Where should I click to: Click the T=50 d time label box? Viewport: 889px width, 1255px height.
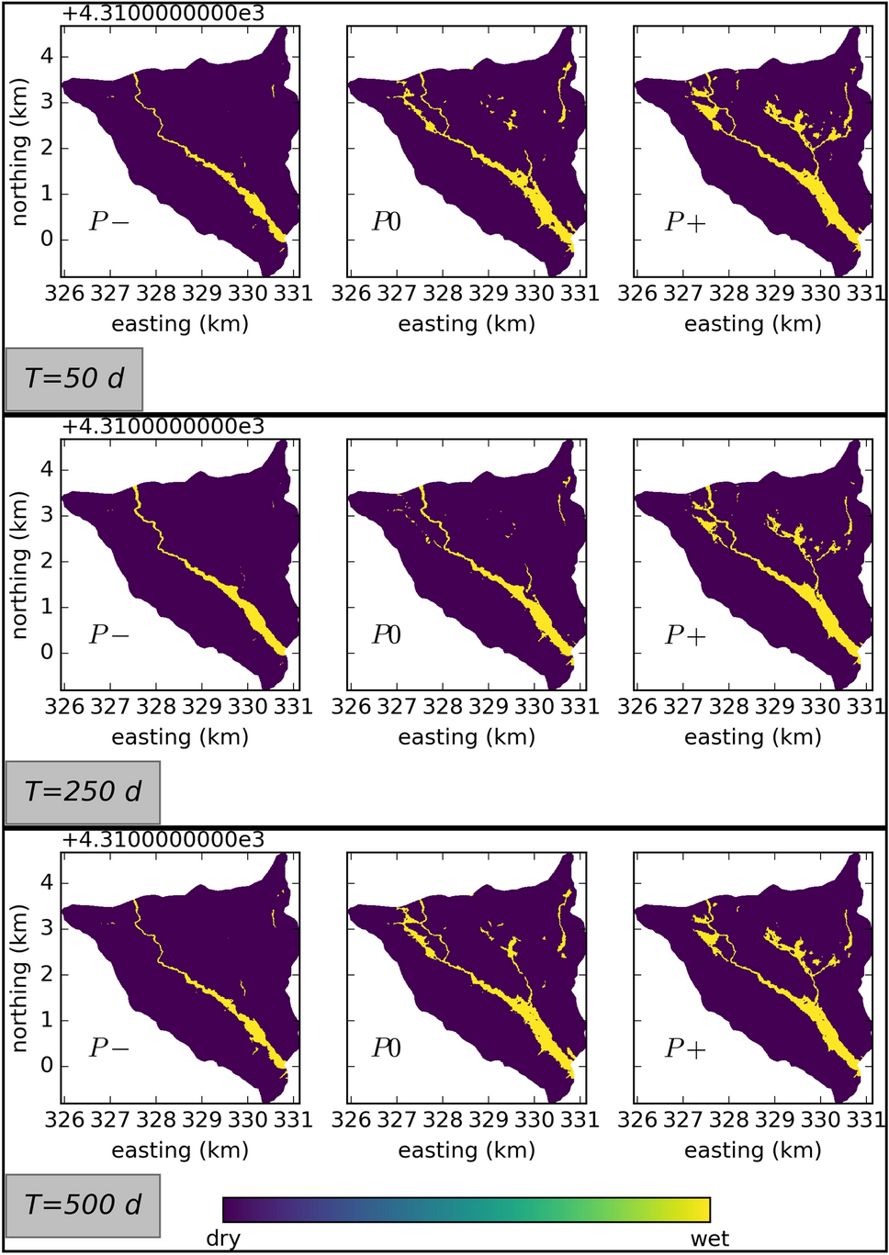pyautogui.click(x=74, y=379)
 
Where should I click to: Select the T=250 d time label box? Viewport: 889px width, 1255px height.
pyautogui.click(x=83, y=792)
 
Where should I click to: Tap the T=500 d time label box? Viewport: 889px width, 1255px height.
pyautogui.click(x=83, y=1205)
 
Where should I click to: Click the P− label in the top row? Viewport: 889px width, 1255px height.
pyautogui.click(x=108, y=221)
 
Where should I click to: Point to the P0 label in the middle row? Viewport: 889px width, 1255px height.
pyautogui.click(x=387, y=634)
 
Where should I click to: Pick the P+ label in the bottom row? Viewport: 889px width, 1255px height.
pyautogui.click(x=685, y=1048)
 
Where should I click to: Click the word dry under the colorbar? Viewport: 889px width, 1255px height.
pyautogui.click(x=223, y=1238)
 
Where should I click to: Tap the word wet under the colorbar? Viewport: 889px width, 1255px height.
pyautogui.click(x=709, y=1238)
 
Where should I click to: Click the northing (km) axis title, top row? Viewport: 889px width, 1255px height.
pyautogui.click(x=19, y=151)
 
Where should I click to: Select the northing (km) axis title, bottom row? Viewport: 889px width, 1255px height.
pyautogui.click(x=19, y=978)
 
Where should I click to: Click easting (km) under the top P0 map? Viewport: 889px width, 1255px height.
pyautogui.click(x=467, y=324)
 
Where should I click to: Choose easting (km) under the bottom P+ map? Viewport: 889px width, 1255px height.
pyautogui.click(x=753, y=1150)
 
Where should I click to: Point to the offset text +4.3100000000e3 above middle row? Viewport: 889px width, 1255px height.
pyautogui.click(x=163, y=426)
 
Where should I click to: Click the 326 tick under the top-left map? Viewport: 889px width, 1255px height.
pyautogui.click(x=63, y=294)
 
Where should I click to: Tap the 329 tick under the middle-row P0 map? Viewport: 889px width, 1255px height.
pyautogui.click(x=488, y=707)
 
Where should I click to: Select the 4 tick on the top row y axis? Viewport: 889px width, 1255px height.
pyautogui.click(x=48, y=56)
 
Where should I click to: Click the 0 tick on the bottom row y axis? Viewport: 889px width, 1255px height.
pyautogui.click(x=48, y=1067)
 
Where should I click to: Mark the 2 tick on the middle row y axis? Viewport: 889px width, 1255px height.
pyautogui.click(x=48, y=562)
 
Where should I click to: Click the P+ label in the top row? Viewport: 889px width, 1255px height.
pyautogui.click(x=685, y=221)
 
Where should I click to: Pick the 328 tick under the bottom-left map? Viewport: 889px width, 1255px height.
pyautogui.click(x=155, y=1120)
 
